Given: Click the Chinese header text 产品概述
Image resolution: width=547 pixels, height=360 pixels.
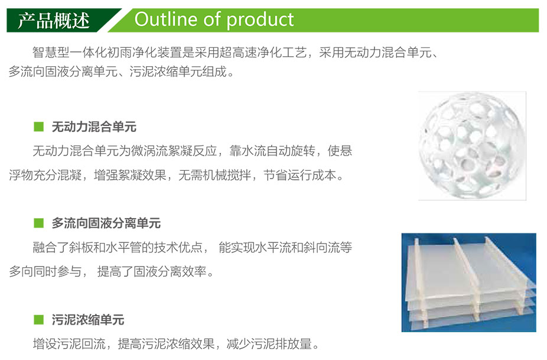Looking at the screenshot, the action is tap(54, 21).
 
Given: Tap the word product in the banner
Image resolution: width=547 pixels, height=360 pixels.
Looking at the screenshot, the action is tap(260, 20).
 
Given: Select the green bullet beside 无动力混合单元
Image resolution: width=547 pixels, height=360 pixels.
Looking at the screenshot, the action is tap(39, 127).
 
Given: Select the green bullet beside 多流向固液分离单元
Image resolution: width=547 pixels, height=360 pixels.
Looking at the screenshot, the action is tap(39, 223).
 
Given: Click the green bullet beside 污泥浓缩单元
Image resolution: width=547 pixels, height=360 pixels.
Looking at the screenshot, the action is tap(39, 319).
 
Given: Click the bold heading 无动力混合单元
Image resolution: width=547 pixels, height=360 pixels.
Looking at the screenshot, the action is tap(94, 127).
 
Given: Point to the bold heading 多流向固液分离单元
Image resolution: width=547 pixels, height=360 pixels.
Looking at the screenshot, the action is tap(106, 223).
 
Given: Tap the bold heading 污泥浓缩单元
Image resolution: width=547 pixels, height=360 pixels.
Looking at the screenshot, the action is tap(88, 319).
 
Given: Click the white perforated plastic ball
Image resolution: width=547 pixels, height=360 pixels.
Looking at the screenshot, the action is tap(472, 145).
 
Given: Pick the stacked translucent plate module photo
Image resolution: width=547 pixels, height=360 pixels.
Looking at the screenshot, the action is tap(469, 283).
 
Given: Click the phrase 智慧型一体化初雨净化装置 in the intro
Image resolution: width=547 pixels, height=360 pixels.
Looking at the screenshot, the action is tap(107, 53).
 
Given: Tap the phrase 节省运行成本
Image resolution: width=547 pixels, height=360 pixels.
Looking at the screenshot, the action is tap(299, 175).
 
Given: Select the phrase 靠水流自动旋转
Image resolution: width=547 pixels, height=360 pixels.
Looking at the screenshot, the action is tap(272, 151).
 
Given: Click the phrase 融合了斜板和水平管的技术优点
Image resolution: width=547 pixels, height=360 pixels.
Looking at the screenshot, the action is tap(118, 248).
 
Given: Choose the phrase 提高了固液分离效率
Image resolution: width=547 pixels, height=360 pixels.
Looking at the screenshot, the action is tap(152, 271).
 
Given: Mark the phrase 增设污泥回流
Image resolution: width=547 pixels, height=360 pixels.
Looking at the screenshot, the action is tap(69, 344).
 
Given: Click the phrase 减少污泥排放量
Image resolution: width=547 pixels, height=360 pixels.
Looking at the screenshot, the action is tap(269, 344).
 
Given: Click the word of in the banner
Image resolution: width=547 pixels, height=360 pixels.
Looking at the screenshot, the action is tap(212, 19).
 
